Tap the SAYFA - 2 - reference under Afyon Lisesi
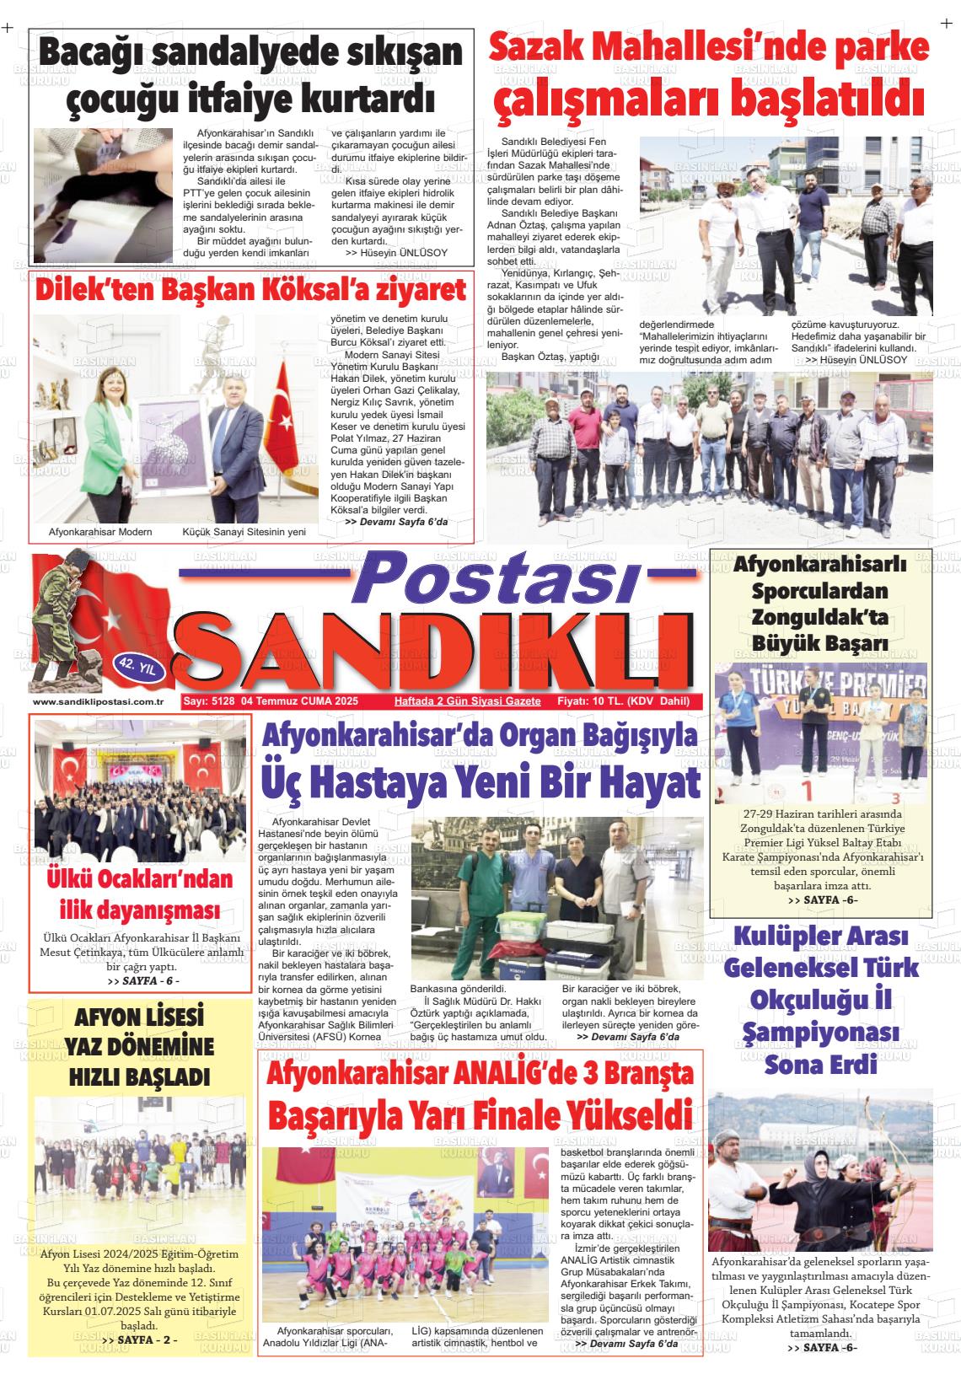pyautogui.click(x=139, y=1339)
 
